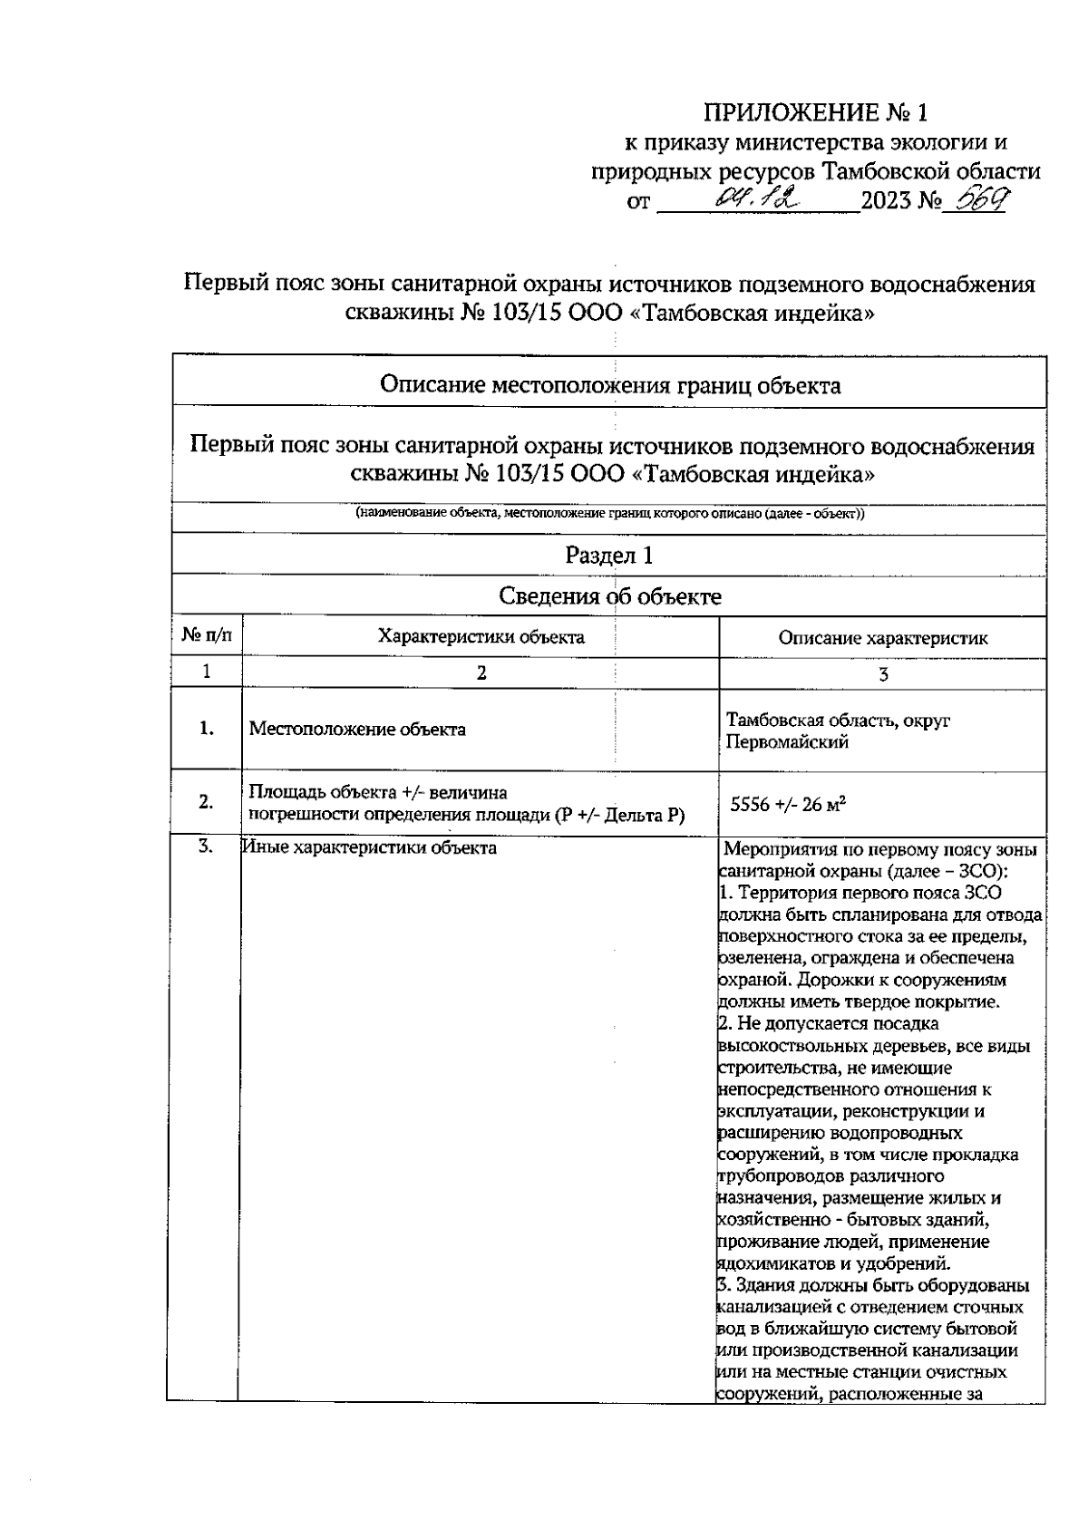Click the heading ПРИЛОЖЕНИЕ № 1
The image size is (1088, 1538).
(816, 113)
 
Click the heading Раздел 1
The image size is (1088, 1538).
(608, 556)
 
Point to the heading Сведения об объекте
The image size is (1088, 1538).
(609, 596)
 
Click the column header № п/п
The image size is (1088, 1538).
(207, 636)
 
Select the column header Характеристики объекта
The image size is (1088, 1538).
(481, 636)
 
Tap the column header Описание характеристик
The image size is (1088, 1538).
(882, 637)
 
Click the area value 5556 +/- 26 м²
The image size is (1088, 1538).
(789, 803)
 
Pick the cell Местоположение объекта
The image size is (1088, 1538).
(357, 729)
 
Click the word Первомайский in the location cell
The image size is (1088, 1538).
(787, 742)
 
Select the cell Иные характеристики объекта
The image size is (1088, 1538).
(370, 848)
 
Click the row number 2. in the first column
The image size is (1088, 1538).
(206, 801)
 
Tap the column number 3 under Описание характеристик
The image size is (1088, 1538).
(883, 674)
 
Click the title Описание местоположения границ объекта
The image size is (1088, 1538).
(609, 385)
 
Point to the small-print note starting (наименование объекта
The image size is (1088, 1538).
(609, 514)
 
